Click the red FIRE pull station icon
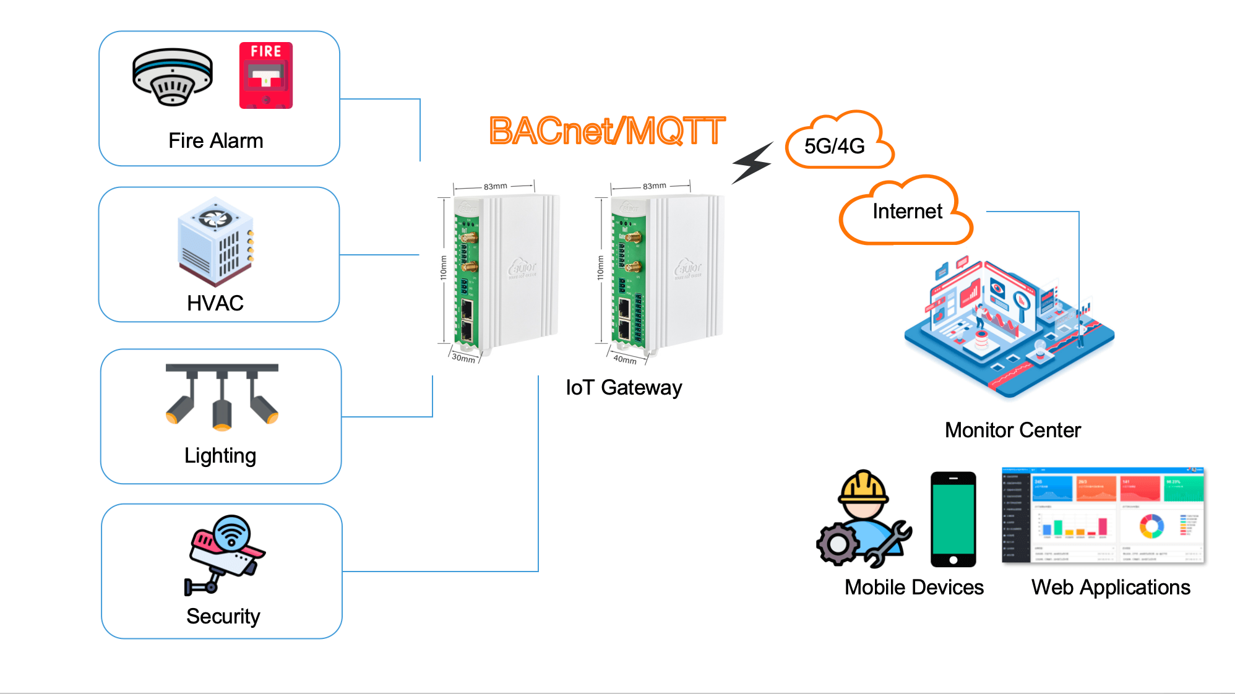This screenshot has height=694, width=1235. click(266, 75)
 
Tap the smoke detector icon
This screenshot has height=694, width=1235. click(173, 77)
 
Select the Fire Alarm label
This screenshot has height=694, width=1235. click(216, 141)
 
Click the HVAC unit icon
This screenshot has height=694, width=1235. click(216, 241)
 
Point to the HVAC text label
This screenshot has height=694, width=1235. click(215, 303)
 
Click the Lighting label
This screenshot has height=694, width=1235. click(220, 456)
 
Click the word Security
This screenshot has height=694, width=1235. click(223, 617)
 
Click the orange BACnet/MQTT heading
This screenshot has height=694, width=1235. click(606, 131)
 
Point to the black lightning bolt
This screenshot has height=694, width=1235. click(752, 163)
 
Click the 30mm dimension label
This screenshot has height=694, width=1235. click(463, 358)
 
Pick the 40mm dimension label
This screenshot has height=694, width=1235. click(625, 359)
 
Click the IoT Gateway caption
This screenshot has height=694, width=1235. click(624, 388)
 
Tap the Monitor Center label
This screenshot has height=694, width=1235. click(1013, 431)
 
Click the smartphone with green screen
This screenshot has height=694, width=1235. click(953, 520)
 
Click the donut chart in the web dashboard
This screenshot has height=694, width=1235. click(1151, 526)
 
